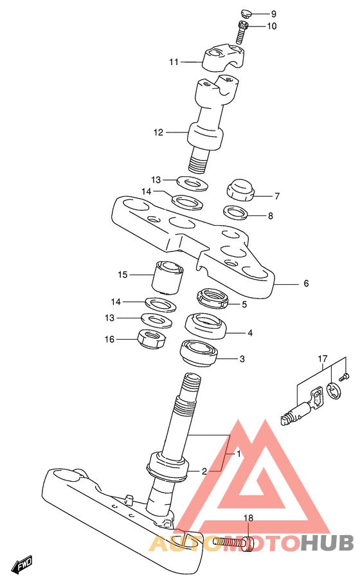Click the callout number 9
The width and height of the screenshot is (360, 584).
[274, 14]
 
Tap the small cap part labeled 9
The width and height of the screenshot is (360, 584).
[246, 14]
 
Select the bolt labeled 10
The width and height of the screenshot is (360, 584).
[242, 32]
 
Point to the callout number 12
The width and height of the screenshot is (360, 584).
[159, 132]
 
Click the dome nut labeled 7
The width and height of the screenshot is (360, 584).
[240, 190]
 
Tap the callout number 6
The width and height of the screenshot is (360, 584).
[306, 284]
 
